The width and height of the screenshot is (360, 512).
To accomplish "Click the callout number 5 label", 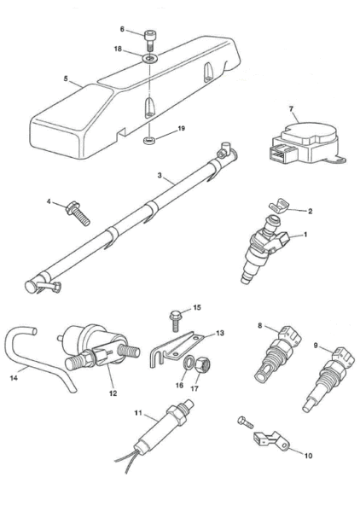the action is [66, 79].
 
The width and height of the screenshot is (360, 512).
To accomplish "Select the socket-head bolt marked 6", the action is [149, 39].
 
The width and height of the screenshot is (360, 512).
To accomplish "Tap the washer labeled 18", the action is [150, 59].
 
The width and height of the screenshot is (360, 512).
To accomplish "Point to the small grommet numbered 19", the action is [149, 141].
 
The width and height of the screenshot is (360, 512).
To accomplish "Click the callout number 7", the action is [292, 109].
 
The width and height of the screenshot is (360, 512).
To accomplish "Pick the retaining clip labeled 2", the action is [279, 207].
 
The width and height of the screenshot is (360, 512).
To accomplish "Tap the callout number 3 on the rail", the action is [160, 176].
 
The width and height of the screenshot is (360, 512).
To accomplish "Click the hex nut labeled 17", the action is [202, 367].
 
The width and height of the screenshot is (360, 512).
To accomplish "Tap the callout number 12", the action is [113, 393].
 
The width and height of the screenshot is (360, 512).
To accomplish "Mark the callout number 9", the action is [316, 345].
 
